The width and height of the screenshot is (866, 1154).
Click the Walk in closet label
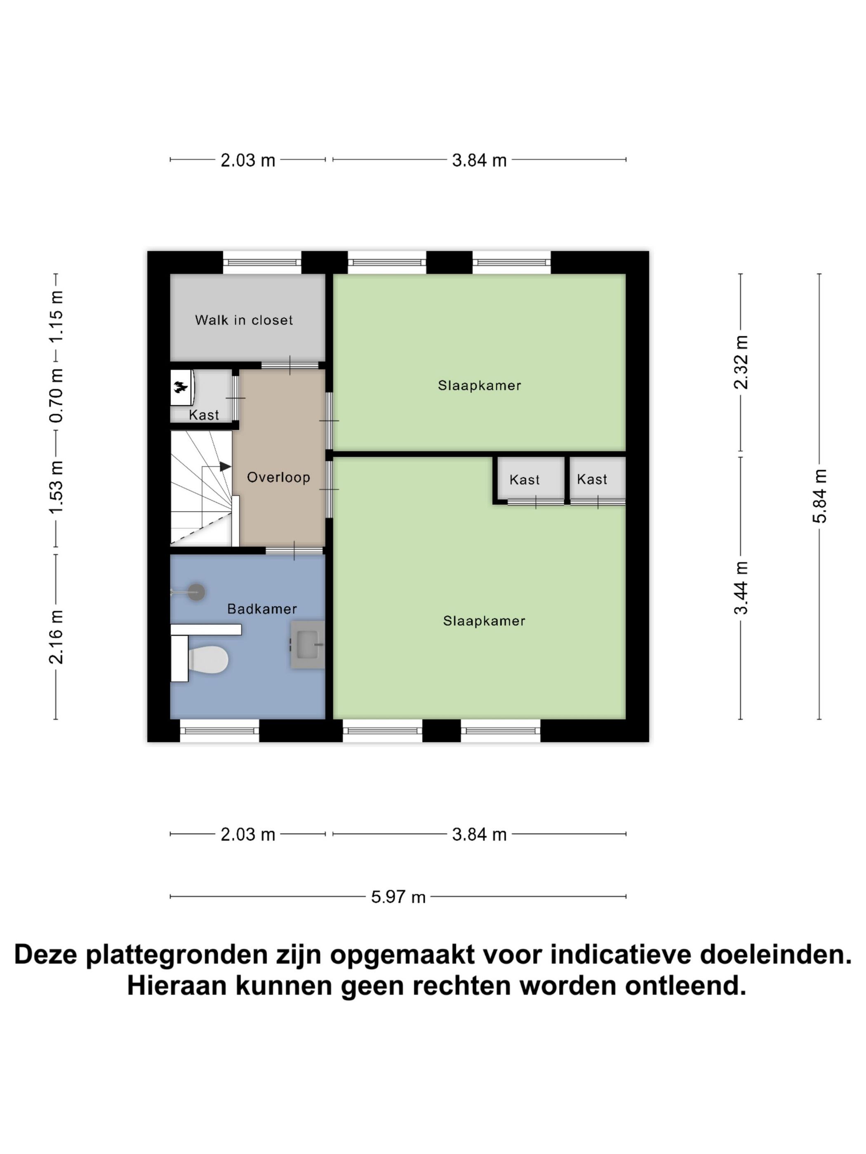click(x=243, y=320)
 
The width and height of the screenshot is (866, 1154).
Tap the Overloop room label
click(x=278, y=477)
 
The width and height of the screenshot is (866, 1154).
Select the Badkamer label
click(x=261, y=609)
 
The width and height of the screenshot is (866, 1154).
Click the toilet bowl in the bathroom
click(x=209, y=659)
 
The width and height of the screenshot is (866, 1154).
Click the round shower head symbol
click(x=196, y=592)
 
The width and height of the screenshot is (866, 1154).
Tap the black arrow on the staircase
click(x=225, y=467)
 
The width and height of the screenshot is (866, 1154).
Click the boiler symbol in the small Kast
click(x=181, y=387)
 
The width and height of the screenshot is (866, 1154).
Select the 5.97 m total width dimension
click(x=398, y=897)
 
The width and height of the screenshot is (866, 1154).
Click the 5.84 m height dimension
click(x=819, y=496)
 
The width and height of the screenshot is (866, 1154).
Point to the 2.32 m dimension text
click(x=741, y=362)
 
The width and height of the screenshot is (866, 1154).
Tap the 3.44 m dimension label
click(x=741, y=588)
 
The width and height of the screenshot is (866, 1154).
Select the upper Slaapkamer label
click(x=479, y=385)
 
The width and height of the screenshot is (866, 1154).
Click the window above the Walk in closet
click(x=262, y=263)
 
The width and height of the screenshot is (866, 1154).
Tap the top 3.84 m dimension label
click(x=479, y=160)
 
